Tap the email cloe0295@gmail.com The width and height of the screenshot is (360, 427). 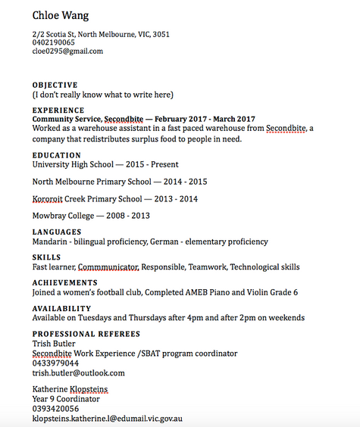(67, 51)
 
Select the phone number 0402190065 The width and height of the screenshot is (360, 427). (53, 43)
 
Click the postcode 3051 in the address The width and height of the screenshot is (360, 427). (161, 35)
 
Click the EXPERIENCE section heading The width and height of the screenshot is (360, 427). (58, 111)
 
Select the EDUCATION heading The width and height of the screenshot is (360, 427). (56, 155)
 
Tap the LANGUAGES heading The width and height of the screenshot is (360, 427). (57, 232)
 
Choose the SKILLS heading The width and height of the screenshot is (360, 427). (46, 257)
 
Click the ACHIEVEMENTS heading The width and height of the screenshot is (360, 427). (65, 282)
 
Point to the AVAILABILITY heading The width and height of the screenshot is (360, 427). (61, 308)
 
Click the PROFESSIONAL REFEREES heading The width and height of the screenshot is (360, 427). (86, 334)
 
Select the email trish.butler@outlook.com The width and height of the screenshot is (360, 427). (78, 373)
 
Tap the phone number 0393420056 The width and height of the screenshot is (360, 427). (55, 409)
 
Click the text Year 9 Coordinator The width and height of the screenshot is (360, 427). (66, 399)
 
